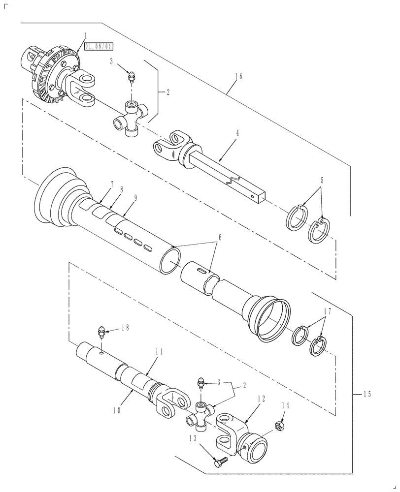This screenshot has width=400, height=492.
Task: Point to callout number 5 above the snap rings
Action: (x=322, y=181)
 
